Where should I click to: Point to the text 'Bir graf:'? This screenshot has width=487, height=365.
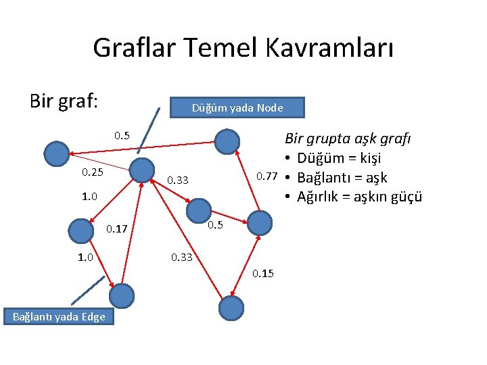tap(64, 101)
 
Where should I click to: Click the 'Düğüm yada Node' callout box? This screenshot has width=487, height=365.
tap(237, 108)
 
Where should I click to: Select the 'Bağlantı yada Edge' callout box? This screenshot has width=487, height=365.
tap(59, 316)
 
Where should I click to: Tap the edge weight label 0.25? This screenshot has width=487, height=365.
tap(93, 172)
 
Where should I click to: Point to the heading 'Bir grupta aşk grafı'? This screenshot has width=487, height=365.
tap(348, 139)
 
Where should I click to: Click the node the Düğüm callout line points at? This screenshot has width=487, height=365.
tap(141, 169)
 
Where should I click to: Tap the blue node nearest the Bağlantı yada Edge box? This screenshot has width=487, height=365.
tap(122, 295)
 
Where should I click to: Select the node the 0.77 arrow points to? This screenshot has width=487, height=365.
tap(227, 141)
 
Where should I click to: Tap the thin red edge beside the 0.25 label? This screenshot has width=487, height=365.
tap(101, 161)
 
